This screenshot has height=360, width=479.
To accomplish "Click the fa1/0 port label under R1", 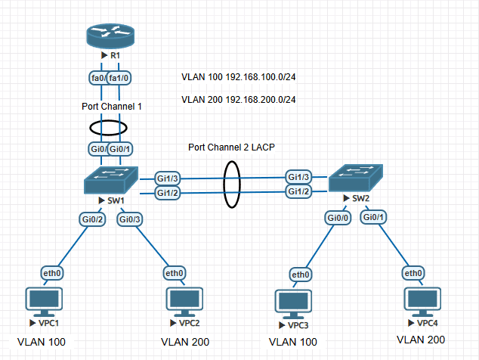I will (x=120, y=79).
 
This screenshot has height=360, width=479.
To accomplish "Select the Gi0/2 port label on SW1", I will (x=93, y=219).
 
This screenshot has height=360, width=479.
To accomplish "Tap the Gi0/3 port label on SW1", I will (x=130, y=219).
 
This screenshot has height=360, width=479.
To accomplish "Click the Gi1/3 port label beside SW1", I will (x=167, y=178).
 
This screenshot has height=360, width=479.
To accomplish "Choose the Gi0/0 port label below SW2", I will (x=338, y=218).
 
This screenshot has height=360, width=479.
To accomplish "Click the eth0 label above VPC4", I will (x=413, y=273).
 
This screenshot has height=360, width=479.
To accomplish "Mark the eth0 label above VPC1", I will (x=51, y=273).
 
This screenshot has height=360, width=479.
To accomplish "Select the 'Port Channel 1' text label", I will (x=112, y=107).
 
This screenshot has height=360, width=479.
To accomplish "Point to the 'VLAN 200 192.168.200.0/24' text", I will (x=238, y=99).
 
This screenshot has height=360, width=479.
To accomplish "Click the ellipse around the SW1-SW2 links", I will (x=232, y=185).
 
